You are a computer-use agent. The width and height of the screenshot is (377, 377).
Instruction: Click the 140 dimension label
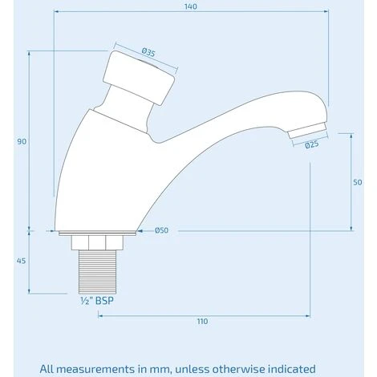click(191, 6)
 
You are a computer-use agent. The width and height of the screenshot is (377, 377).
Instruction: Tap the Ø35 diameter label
click(148, 52)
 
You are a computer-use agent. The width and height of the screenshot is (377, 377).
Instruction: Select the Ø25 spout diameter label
click(312, 144)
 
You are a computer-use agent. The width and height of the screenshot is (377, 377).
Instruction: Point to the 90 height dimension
click(22, 141)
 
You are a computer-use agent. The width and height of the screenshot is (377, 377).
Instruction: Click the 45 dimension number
click(21, 261)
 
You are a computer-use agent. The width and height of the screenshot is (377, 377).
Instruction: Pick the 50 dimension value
click(358, 182)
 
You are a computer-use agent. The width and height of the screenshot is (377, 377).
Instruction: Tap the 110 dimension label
click(202, 321)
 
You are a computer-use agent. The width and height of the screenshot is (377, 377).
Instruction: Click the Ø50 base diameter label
click(161, 230)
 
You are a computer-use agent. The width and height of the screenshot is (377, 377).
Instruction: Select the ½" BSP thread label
click(97, 301)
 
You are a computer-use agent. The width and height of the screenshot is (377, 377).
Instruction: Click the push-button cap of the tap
click(139, 78)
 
